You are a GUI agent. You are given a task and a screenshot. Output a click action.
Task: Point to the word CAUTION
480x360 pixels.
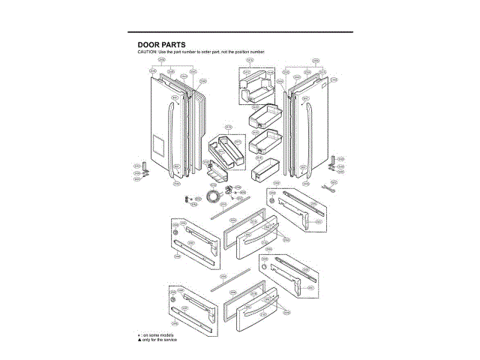coord(147,52)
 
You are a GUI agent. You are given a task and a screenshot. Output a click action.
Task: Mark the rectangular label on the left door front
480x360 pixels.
coord(157,144)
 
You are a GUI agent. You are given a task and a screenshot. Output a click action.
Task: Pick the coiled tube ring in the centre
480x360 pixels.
coord(216,196)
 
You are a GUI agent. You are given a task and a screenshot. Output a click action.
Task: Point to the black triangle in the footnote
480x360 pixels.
coord(139,339)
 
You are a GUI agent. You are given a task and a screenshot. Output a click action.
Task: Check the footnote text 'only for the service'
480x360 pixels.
coord(160,339)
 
